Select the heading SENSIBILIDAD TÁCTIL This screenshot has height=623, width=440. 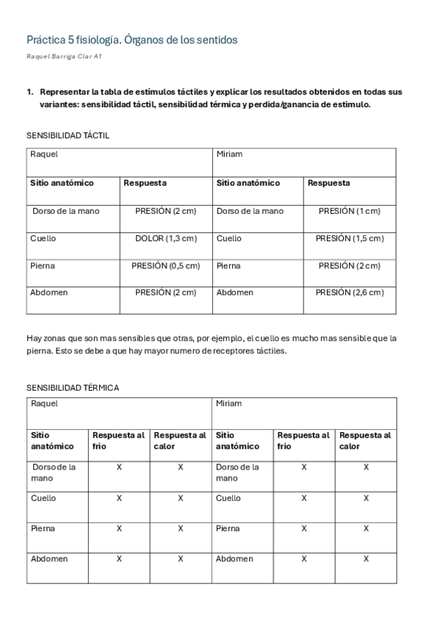68,136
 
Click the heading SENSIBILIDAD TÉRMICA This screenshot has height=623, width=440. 73,387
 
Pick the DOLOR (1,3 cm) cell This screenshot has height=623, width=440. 165,238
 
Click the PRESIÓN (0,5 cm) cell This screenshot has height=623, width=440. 165,265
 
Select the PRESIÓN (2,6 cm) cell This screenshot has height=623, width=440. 349,292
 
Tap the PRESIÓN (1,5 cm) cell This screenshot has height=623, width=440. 349,238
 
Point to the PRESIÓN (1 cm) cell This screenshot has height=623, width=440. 349,211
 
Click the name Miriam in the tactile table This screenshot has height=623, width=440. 229,154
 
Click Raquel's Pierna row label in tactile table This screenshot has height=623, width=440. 43,265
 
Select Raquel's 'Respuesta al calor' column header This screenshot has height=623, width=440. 180,440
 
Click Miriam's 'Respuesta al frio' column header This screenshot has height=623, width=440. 303,440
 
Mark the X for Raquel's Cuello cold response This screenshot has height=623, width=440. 119,498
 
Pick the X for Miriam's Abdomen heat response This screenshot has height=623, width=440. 366,558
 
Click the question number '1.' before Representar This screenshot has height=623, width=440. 30,92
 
